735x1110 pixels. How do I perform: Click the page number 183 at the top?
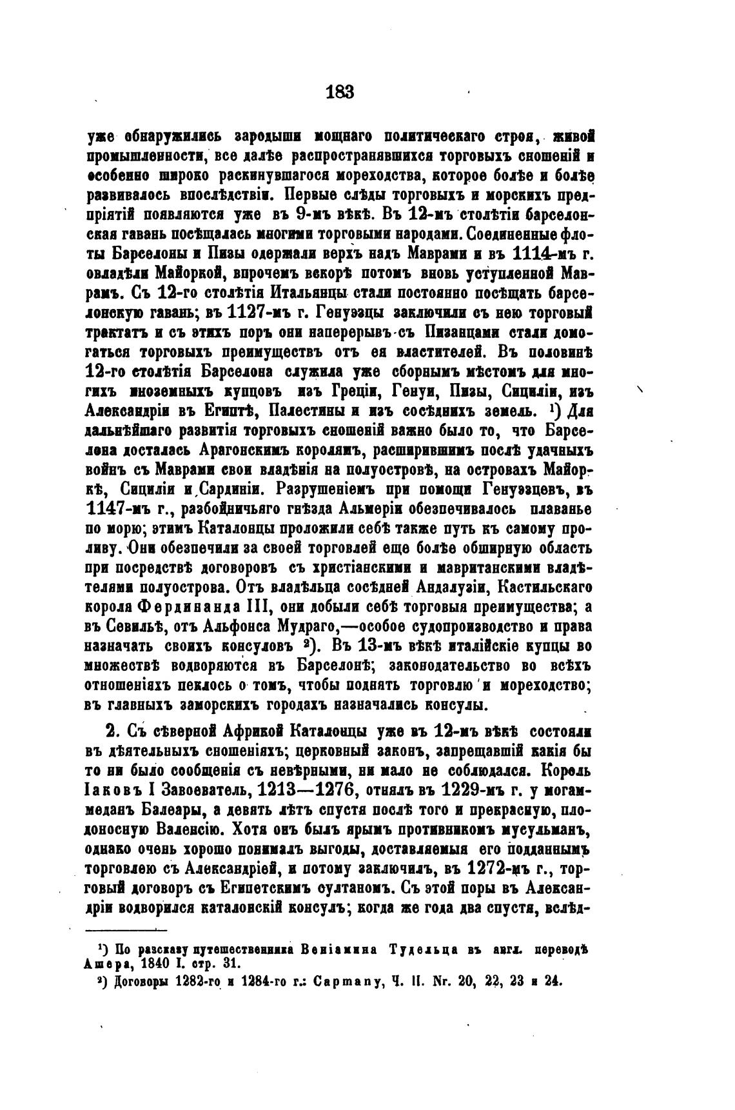coord(340,92)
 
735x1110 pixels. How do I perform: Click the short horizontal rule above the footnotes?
coord(126,929)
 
